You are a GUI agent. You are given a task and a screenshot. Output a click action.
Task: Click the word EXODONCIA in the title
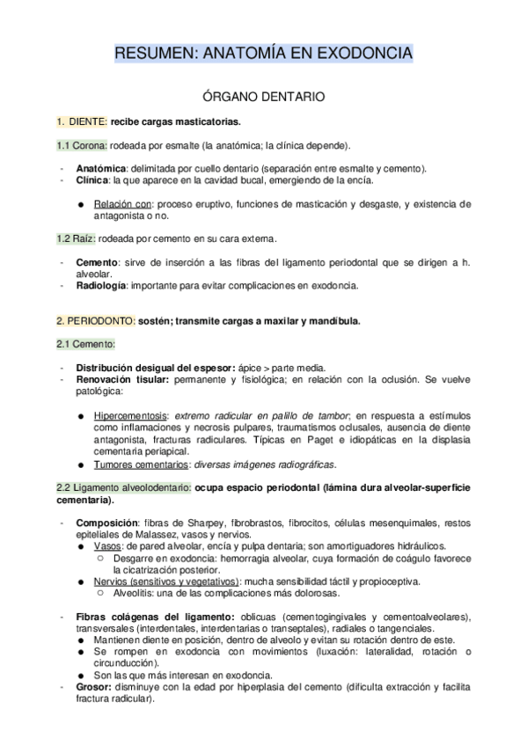coord(364,55)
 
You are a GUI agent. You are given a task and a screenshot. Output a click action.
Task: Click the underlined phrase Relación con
coord(125,203)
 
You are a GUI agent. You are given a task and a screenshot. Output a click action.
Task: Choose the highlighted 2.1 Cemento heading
coord(77,343)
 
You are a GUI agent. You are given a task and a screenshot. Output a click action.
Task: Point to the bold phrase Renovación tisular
coord(123,378)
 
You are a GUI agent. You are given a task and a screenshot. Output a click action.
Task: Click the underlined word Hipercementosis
coord(131,413)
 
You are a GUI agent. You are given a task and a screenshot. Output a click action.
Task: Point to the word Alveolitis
coord(138,592)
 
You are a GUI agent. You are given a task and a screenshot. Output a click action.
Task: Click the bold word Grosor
coord(95,687)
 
